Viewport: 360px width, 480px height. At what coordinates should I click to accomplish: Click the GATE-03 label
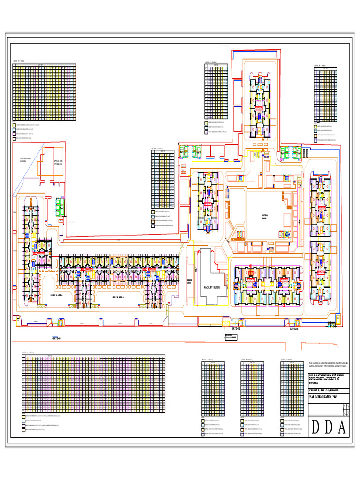click(x=56, y=337)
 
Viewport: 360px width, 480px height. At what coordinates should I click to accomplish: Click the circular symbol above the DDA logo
click(x=346, y=409)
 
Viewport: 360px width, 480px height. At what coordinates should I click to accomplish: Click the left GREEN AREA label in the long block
click(x=56, y=296)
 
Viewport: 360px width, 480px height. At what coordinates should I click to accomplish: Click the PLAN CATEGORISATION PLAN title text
click(x=323, y=397)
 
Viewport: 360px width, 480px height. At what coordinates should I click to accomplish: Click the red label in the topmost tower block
click(x=258, y=107)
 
